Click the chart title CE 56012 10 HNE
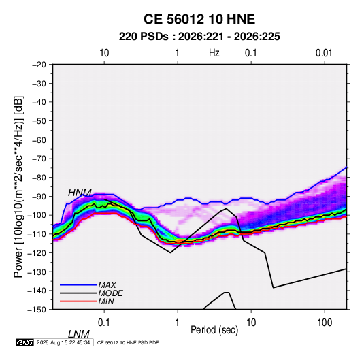click(199, 19)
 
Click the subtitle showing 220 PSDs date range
click(199, 37)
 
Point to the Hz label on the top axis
click(214, 53)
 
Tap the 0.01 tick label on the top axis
click(324, 53)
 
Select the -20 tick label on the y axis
click(39, 65)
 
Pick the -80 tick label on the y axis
click(39, 178)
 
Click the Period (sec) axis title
click(214, 330)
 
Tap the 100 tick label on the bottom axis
click(325, 323)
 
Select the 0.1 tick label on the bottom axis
click(104, 323)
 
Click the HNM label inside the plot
click(80, 193)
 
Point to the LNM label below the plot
click(79, 334)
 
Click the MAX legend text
click(107, 284)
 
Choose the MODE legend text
click(110, 293)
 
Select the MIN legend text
click(106, 301)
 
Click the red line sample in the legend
click(78, 301)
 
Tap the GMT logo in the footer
click(24, 342)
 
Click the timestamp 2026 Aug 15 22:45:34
click(63, 342)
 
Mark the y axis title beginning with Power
click(18, 187)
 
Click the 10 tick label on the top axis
click(104, 53)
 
